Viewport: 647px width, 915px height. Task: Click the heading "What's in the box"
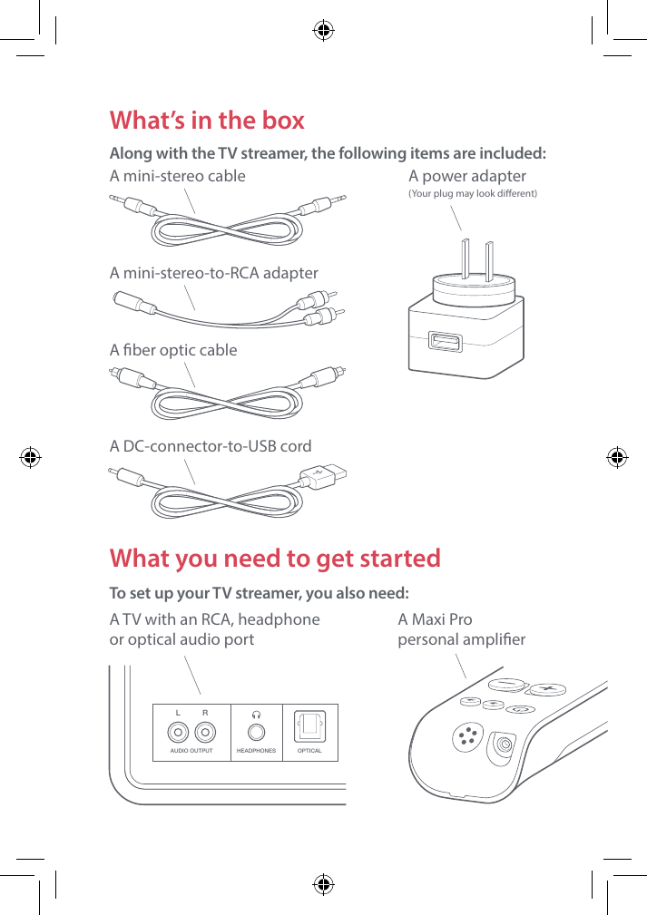[x=207, y=121]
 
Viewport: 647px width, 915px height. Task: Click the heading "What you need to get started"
[x=275, y=558]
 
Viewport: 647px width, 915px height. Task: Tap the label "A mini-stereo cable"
[x=178, y=176]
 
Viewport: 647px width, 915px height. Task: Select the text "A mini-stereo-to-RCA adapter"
[x=214, y=273]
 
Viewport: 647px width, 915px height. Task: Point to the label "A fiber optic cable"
[x=173, y=350]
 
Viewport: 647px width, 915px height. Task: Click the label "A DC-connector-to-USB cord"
[x=211, y=446]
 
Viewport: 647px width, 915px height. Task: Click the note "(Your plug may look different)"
[x=473, y=194]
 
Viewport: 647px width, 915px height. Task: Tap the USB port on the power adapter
[x=446, y=342]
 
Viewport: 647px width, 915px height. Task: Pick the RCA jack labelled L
[x=178, y=733]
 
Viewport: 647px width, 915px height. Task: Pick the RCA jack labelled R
[x=205, y=733]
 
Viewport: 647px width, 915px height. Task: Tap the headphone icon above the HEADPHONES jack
[x=256, y=713]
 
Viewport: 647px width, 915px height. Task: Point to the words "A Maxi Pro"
[x=436, y=620]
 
